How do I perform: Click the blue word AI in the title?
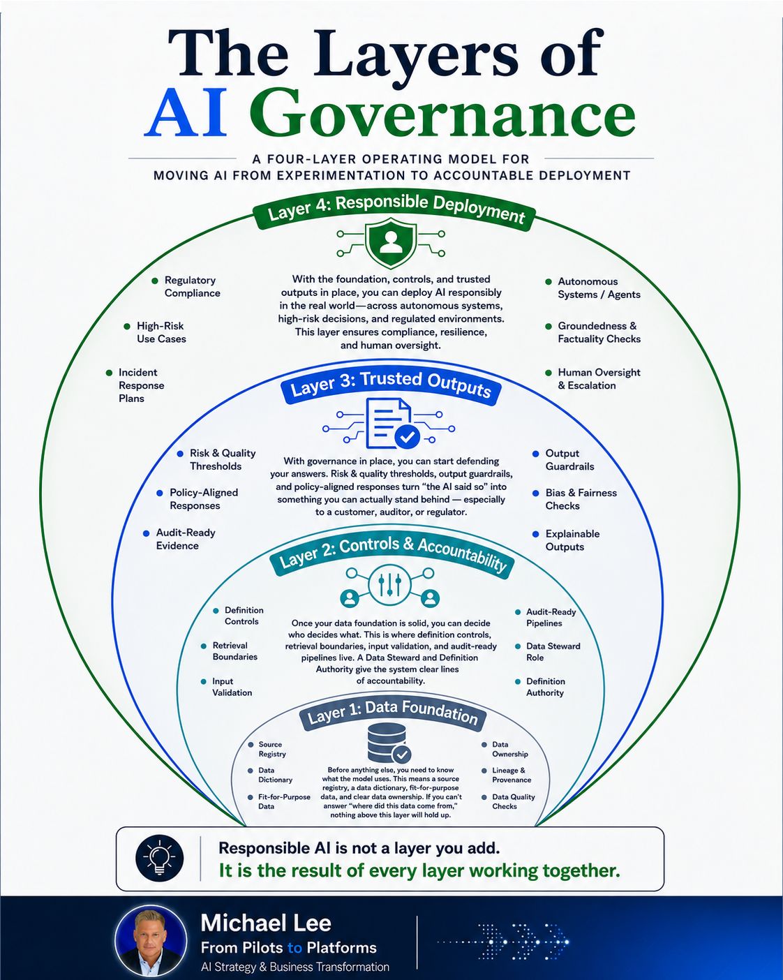tap(185, 113)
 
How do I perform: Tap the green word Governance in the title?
tap(442, 113)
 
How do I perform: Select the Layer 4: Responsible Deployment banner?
tap(394, 210)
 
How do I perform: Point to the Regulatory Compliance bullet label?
tap(192, 286)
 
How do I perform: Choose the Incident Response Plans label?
tap(141, 385)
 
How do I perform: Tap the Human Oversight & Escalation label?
tap(599, 379)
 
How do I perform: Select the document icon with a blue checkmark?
tap(389, 423)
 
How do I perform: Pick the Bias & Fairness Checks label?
tap(581, 499)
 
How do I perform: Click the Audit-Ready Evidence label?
tap(185, 539)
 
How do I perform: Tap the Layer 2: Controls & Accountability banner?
tap(392, 556)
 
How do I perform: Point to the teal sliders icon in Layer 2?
tap(389, 585)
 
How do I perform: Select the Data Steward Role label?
tap(553, 652)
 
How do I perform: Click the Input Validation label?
tap(232, 687)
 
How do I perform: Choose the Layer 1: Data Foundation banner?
tap(393, 715)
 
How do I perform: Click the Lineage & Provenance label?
tap(512, 775)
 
